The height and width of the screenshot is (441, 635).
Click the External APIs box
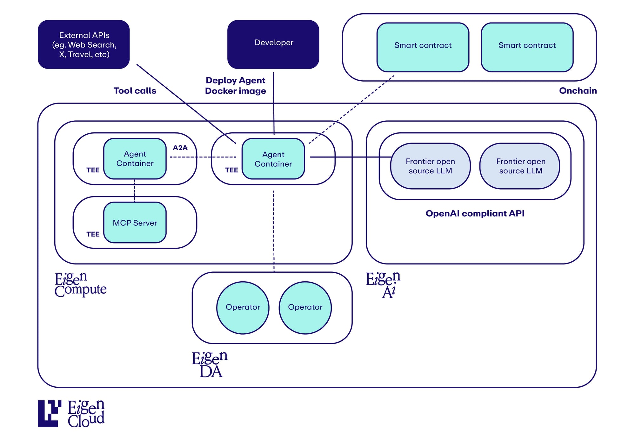click(x=84, y=44)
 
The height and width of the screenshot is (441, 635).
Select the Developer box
click(x=273, y=44)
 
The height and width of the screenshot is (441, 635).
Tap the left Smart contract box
click(x=423, y=47)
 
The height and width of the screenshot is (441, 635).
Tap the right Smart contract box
click(x=527, y=47)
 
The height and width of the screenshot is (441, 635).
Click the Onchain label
click(x=578, y=91)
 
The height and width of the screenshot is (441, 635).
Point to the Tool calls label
click(x=135, y=91)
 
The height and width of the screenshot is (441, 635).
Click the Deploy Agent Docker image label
click(x=235, y=86)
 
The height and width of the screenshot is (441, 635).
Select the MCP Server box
click(x=135, y=223)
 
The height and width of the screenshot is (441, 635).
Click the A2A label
click(x=180, y=148)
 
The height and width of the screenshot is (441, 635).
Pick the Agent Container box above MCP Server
click(x=135, y=159)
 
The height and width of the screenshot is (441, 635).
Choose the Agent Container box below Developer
click(x=273, y=159)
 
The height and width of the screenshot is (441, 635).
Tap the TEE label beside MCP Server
click(x=93, y=234)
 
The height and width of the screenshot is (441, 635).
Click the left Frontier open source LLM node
click(x=430, y=166)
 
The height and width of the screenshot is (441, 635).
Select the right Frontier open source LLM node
click(x=521, y=166)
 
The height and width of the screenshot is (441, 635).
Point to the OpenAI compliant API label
click(x=475, y=213)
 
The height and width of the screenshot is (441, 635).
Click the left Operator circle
click(x=243, y=307)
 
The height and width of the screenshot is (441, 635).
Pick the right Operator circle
click(x=305, y=307)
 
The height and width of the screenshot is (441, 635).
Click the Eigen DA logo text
click(x=210, y=364)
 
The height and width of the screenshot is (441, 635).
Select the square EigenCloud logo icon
click(x=49, y=413)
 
